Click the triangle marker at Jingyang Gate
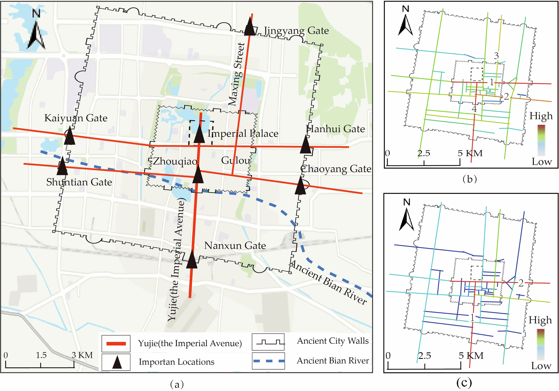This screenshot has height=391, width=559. pyautogui.click(x=250, y=26)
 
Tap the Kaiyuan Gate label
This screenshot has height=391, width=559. pyautogui.click(x=76, y=118)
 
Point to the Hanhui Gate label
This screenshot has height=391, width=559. pyautogui.click(x=335, y=129)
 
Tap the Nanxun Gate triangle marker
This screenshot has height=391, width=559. pyautogui.click(x=192, y=260)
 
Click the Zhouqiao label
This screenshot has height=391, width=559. pyautogui.click(x=175, y=161)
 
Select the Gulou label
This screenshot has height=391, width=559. pyautogui.click(x=236, y=160)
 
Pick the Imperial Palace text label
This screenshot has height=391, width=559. pyautogui.click(x=243, y=134)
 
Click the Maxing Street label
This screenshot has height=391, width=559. pyautogui.click(x=237, y=74)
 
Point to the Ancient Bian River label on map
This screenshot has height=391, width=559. pyautogui.click(x=329, y=283)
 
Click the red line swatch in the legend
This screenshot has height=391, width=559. pyautogui.click(x=116, y=343)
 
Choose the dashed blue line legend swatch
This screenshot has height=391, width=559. pyautogui.click(x=268, y=361)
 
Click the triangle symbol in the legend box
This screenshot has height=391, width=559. pyautogui.click(x=117, y=362)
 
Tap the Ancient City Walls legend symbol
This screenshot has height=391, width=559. pyautogui.click(x=268, y=342)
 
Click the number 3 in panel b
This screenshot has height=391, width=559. pyautogui.click(x=496, y=56)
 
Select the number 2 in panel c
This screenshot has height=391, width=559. pyautogui.click(x=521, y=283)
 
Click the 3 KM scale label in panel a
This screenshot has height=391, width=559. pyautogui.click(x=82, y=355)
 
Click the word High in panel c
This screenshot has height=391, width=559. pyautogui.click(x=540, y=320)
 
